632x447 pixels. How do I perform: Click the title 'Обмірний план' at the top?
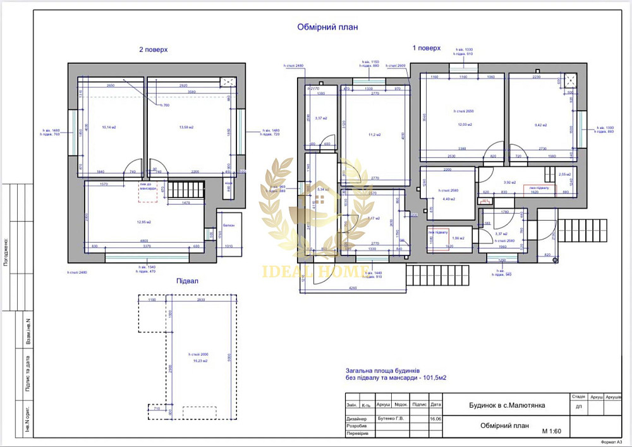328,27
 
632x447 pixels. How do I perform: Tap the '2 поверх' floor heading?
154,49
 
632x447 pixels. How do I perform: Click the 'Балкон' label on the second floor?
229,225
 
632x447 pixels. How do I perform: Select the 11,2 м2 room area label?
371,135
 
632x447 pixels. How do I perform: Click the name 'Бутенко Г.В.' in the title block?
390,418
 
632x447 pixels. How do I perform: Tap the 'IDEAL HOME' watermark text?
314,272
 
